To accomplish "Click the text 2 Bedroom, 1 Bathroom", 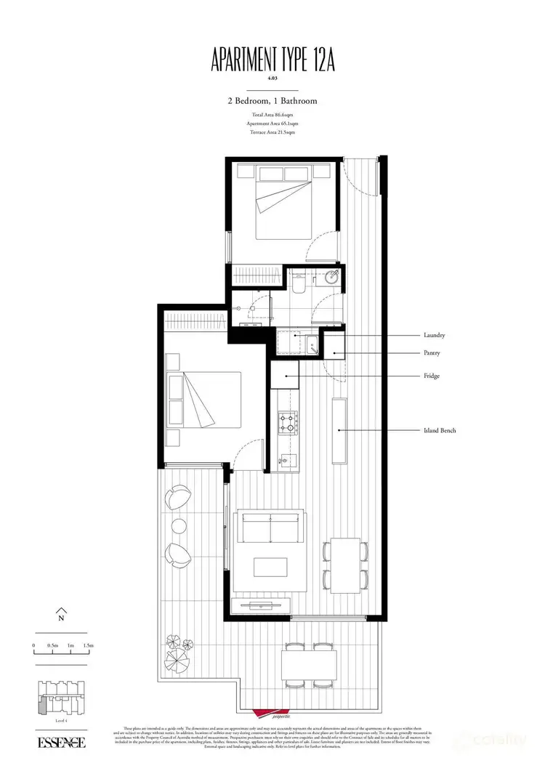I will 272,102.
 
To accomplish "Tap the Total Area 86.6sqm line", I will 272,116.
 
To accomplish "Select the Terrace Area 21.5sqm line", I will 272,133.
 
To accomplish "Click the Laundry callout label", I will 434,336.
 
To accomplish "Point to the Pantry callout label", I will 432,353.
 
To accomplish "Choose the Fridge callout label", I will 432,376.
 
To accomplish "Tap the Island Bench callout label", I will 439,431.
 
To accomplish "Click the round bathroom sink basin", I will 331,277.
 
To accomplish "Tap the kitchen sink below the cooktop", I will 288,459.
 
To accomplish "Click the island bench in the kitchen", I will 339,430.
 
